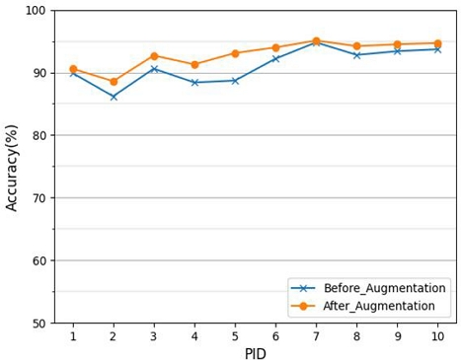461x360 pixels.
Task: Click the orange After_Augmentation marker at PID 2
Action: coord(114,82)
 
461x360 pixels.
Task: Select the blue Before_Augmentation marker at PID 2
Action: coord(114,97)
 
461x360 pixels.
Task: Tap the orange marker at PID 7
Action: coord(316,41)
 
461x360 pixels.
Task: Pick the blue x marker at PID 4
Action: coord(194,83)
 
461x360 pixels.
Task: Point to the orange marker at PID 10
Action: coord(437,43)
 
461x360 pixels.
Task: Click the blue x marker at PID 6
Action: coord(275,59)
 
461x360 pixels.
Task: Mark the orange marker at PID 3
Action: coord(154,56)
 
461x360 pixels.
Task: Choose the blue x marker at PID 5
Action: coord(235,81)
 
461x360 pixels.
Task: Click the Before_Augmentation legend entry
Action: coord(371,288)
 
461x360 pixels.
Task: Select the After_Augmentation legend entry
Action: coord(371,307)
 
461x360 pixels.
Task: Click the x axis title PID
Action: coord(255,352)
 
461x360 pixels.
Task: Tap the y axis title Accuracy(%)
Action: coord(13,167)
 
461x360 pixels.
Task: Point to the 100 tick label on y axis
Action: coord(36,11)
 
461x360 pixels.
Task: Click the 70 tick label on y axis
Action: coord(38,198)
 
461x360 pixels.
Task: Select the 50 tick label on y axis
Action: coord(38,324)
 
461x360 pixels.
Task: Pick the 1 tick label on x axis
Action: coord(73,336)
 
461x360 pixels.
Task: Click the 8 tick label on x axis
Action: coord(356,336)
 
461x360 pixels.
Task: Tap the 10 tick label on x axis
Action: coord(437,336)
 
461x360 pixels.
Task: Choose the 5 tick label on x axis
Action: coord(235,336)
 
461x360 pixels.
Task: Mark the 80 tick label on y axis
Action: coord(38,136)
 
